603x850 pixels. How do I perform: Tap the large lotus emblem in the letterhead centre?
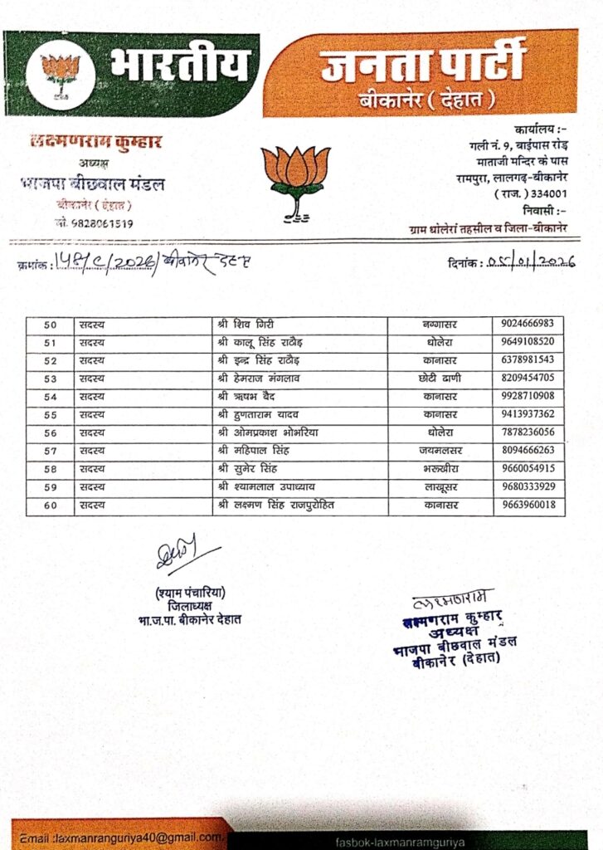295,179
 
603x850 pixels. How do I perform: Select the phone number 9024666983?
529,324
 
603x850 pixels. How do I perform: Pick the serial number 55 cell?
50,415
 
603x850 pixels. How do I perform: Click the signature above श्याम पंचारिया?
182,554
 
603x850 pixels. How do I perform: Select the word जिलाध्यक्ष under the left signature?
190,606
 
